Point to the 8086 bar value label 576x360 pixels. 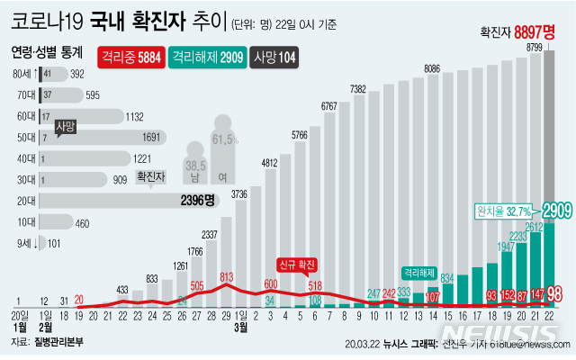click(432, 68)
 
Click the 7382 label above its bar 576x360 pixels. click(357, 89)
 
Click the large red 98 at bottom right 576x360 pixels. click(554, 293)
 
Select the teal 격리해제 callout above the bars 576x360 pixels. click(420, 270)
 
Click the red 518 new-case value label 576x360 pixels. click(315, 285)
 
